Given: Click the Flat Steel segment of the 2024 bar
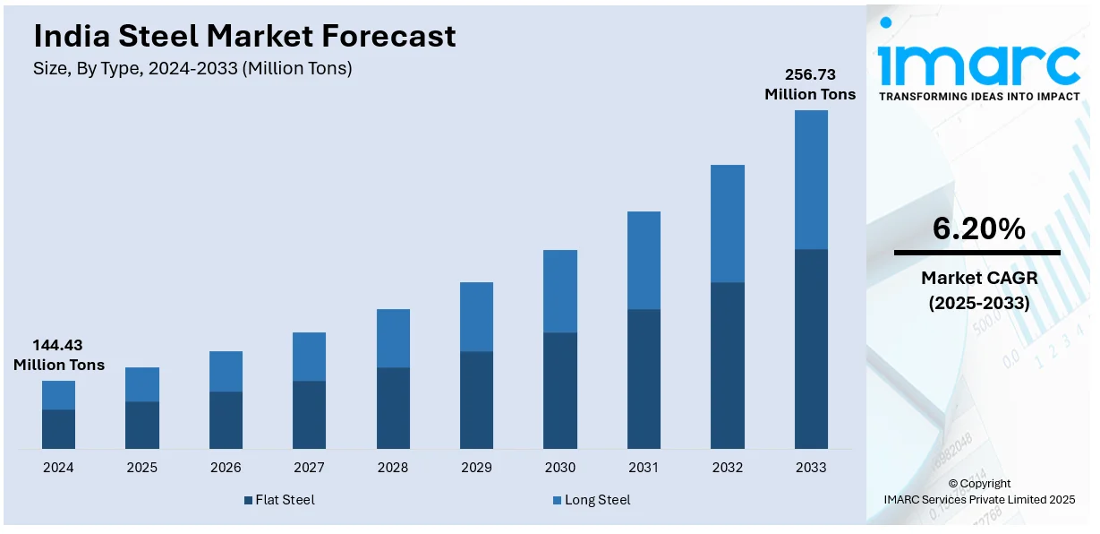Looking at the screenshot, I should (58, 429).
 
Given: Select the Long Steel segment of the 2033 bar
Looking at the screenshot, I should (811, 179).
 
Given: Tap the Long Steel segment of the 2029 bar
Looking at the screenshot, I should (476, 316).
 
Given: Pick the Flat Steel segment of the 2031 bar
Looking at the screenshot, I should (644, 379).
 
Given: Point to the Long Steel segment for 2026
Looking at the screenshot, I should (226, 371).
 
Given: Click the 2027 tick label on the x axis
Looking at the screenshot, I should (309, 468).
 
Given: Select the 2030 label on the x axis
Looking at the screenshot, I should (559, 468).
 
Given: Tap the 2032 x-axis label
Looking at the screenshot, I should (727, 468).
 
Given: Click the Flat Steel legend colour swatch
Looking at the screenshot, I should (248, 500).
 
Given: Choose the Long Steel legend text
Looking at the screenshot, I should (597, 500).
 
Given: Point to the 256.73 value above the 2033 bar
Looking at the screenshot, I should (810, 74).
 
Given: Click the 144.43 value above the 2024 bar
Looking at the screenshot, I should (58, 345).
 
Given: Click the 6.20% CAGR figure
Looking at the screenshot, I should (978, 229).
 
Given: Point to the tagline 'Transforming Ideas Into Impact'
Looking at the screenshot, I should (979, 96).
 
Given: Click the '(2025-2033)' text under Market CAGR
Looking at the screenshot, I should (978, 303).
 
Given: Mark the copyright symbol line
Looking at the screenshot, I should (978, 484).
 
